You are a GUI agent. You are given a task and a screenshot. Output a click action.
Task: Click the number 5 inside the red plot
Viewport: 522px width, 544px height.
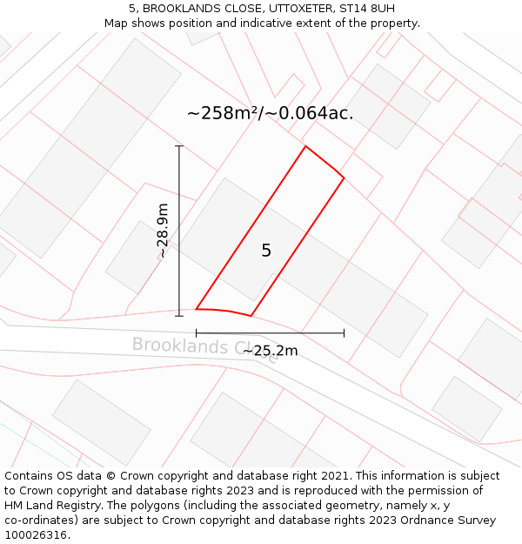[x=266, y=251]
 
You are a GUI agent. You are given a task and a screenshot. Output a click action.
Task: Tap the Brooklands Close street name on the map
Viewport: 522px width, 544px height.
[x=205, y=346]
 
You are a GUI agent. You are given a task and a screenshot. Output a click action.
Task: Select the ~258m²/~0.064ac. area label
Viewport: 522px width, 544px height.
[x=270, y=112]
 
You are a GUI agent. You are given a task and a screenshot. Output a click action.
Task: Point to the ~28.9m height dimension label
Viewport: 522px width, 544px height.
[x=163, y=231]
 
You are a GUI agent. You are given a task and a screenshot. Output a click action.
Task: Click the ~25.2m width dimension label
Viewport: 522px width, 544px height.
[x=270, y=351]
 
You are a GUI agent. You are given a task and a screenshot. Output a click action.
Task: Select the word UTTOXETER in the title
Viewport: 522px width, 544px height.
[x=280, y=9]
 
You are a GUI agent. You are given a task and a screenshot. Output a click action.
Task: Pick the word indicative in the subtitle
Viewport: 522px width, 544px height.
[x=266, y=24]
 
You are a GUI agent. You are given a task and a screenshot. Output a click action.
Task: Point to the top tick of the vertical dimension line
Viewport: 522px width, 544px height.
[x=179, y=146]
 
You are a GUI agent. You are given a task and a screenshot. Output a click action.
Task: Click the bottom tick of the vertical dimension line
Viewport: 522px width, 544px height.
[x=179, y=316]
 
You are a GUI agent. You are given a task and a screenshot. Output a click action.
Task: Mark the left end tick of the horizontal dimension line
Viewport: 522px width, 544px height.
[x=196, y=332]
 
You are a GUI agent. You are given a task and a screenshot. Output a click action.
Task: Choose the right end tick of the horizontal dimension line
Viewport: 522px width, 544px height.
[x=345, y=332]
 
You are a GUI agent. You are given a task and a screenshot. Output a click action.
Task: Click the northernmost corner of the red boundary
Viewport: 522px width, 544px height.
[x=305, y=145]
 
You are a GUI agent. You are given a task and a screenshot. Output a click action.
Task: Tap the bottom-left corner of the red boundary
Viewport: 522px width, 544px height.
[x=196, y=308]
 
